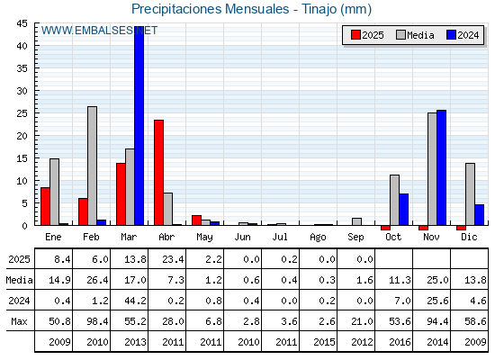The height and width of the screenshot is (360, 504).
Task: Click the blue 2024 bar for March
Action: point(139,126)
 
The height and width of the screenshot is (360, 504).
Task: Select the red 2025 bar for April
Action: point(158,173)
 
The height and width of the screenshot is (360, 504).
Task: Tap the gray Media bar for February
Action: point(92,166)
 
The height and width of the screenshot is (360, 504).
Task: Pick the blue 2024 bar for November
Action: point(441,167)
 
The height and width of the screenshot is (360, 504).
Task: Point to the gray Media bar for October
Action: point(394,200)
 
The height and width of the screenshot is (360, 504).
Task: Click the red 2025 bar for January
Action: point(45,206)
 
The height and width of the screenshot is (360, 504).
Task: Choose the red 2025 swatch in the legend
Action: point(355,35)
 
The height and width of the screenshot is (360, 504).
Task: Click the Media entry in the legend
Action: point(415,35)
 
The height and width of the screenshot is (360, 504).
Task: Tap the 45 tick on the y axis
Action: point(22,23)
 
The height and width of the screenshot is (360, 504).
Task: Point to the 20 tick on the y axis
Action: point(22,136)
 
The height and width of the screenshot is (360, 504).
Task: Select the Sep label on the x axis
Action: point(355,238)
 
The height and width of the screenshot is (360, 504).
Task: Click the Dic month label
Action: point(469,237)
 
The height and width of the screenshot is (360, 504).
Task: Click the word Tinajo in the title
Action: point(319,9)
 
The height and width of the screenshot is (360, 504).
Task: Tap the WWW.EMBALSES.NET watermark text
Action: point(99,31)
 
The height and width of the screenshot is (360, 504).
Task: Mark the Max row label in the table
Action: point(19,321)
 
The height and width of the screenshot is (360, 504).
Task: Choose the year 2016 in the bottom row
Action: point(400,342)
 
